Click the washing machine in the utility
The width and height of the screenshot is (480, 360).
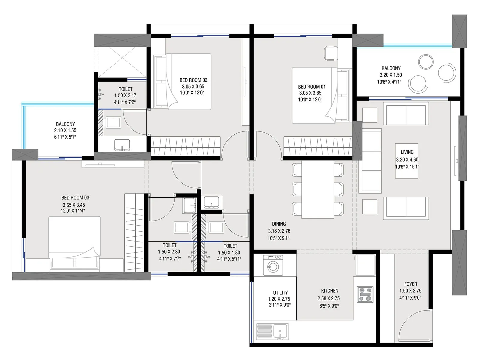pyautogui.click(x=273, y=265)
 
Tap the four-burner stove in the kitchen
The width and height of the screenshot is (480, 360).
pyautogui.click(x=365, y=294)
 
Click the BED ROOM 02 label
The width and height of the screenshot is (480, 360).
pyautogui.click(x=193, y=80)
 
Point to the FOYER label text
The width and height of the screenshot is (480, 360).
pyautogui.click(x=410, y=284)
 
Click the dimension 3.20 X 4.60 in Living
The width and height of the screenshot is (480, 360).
pyautogui.click(x=407, y=160)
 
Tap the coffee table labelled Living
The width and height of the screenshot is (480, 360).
pyautogui.click(x=407, y=160)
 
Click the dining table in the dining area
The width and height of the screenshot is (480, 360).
pyautogui.click(x=318, y=190)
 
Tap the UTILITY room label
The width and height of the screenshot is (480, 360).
pyautogui.click(x=280, y=292)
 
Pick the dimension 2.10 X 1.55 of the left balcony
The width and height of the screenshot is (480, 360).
pyautogui.click(x=65, y=130)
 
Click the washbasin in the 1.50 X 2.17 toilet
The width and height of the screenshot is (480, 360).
pyautogui.click(x=122, y=145)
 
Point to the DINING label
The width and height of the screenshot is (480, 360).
pyautogui.click(x=279, y=224)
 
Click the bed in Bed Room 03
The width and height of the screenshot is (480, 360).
pyautogui.click(x=74, y=241)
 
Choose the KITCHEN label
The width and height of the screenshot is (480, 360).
pyautogui.click(x=329, y=291)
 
